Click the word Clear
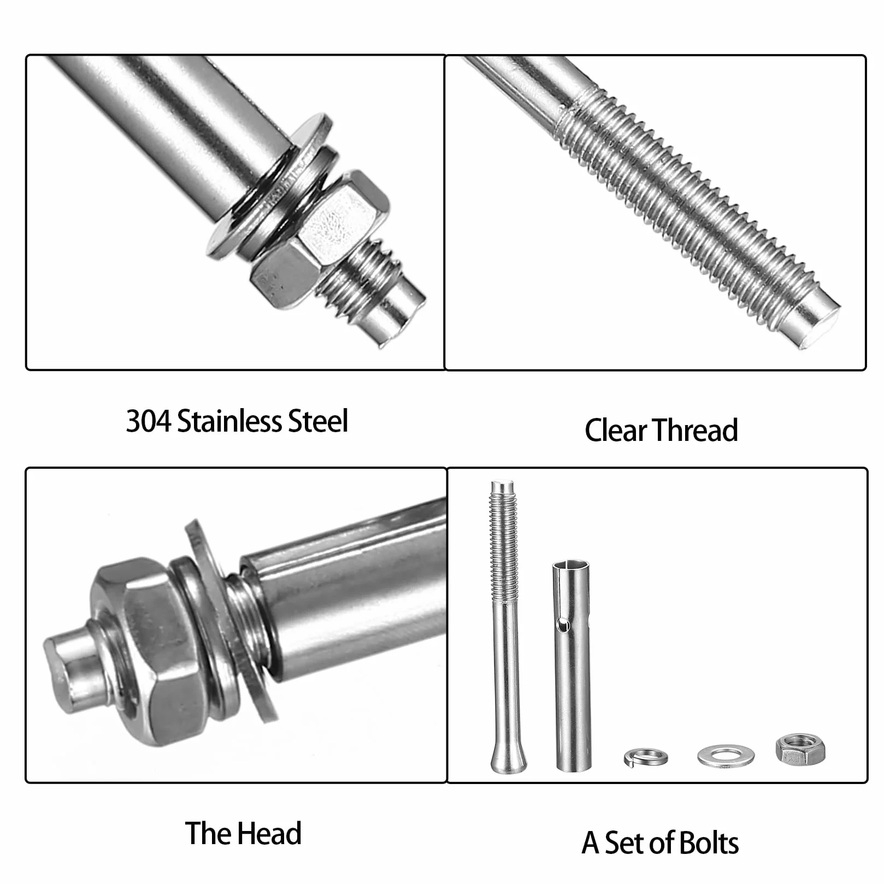pyautogui.click(x=616, y=430)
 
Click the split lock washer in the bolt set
pyautogui.click(x=646, y=757)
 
